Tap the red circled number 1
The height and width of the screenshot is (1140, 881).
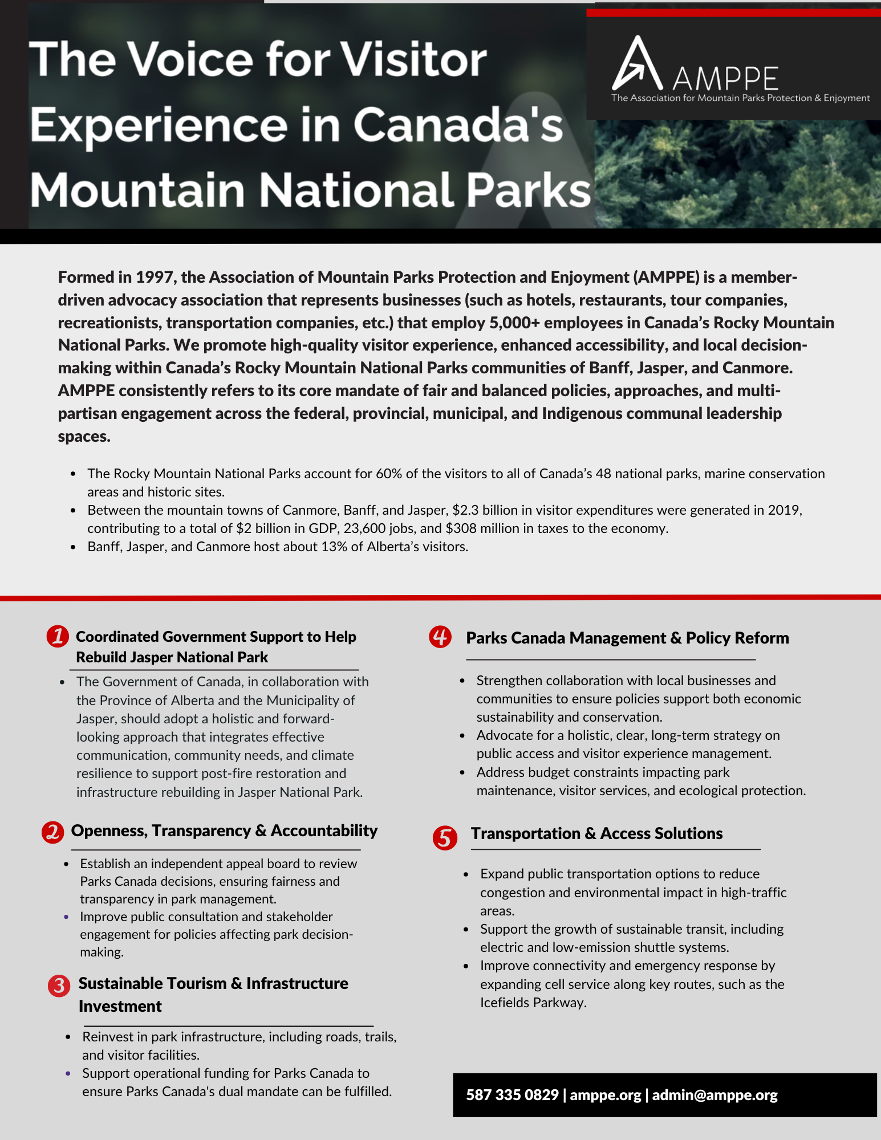[58, 636]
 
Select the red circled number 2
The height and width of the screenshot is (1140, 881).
[52, 832]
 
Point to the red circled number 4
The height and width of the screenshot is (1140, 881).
[440, 637]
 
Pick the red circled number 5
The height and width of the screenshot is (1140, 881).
[445, 838]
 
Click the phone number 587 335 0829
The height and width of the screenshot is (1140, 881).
[512, 1095]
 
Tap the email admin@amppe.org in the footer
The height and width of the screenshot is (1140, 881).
[714, 1095]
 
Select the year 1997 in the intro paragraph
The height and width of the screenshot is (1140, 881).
[154, 277]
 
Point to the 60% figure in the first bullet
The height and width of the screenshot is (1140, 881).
[388, 474]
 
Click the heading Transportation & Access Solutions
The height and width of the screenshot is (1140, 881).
[596, 833]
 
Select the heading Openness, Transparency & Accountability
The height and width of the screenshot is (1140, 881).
[224, 830]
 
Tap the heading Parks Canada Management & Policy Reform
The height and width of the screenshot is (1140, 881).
[627, 638]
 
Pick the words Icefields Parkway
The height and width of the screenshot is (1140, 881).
[533, 1003]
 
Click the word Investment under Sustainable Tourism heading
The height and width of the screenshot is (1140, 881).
[120, 1006]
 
